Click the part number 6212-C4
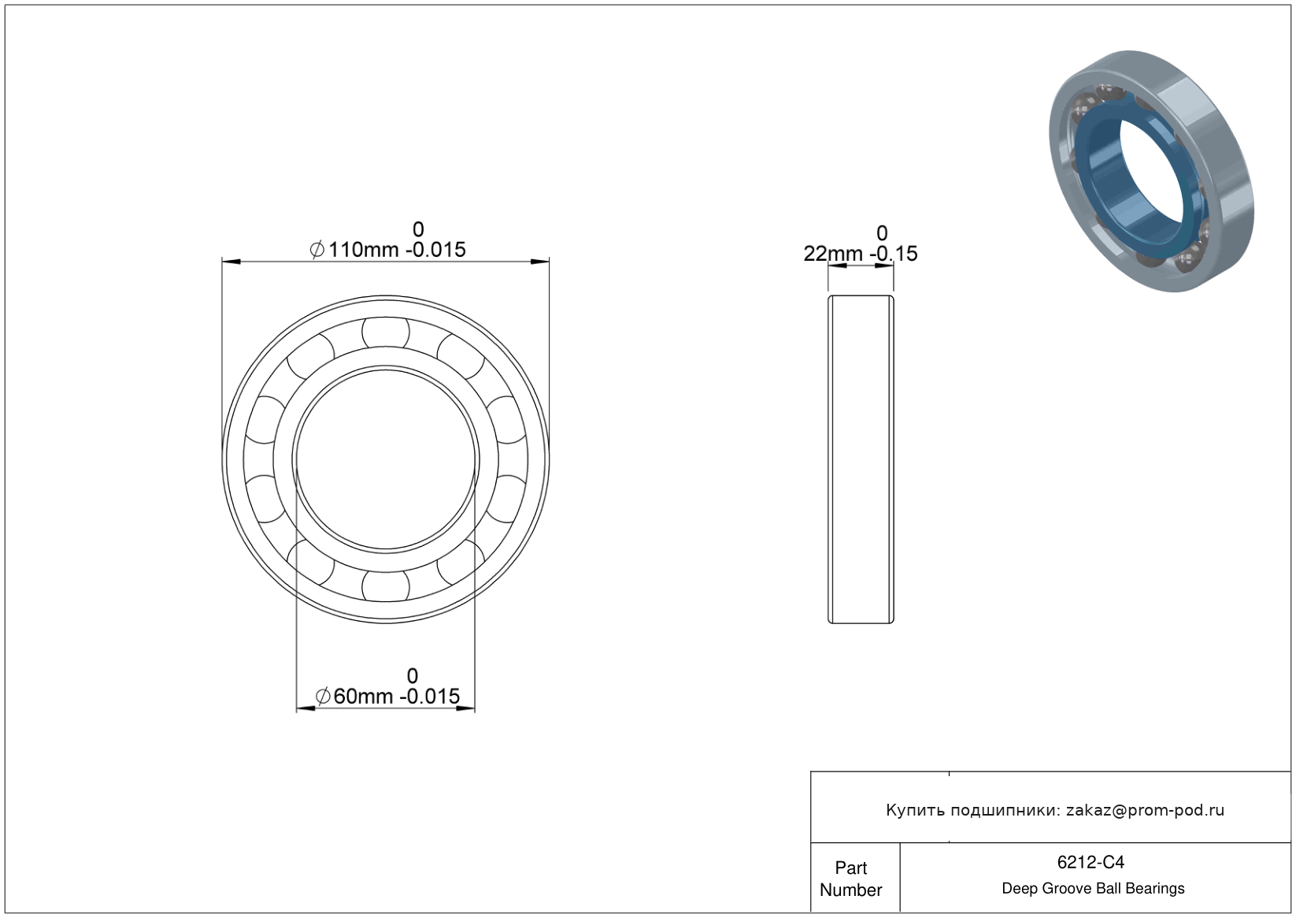(1090, 862)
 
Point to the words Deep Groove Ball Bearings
(1093, 889)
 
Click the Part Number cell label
(850, 879)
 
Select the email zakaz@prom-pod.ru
(1145, 810)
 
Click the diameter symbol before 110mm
(317, 250)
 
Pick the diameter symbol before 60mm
(323, 696)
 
